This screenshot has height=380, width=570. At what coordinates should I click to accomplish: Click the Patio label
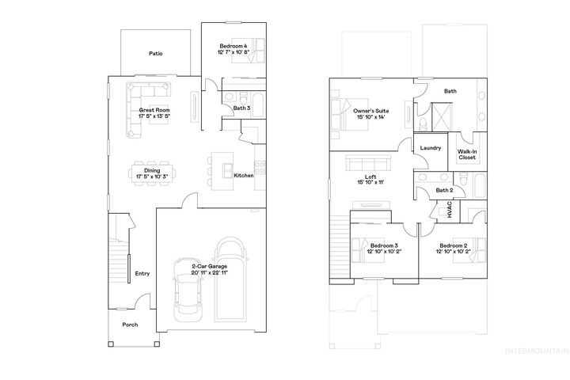click(155, 54)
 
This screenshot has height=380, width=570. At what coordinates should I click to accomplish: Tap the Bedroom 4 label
click(234, 47)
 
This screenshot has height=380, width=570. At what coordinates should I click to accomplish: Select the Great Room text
click(154, 111)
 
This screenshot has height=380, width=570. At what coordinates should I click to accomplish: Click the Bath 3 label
click(241, 108)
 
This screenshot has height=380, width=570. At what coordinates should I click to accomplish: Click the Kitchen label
click(244, 175)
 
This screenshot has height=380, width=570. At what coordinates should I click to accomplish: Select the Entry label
click(142, 274)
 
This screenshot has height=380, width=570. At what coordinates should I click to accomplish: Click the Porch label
click(129, 325)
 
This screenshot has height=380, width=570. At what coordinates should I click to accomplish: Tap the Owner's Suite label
click(370, 112)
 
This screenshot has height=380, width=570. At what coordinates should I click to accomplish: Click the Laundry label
click(431, 148)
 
